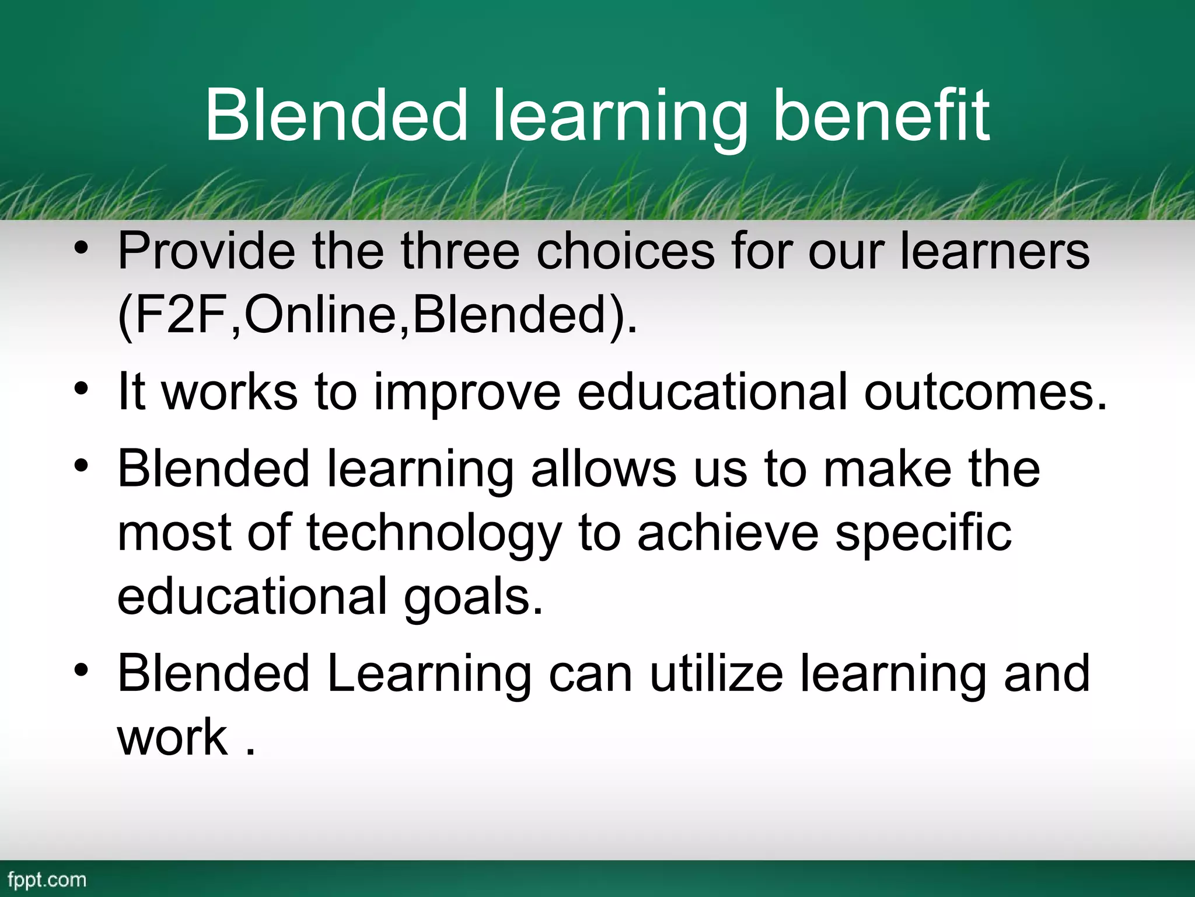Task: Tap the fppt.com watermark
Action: click(47, 879)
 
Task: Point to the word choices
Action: click(626, 251)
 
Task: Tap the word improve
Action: click(467, 392)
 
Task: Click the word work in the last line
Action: click(173, 737)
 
